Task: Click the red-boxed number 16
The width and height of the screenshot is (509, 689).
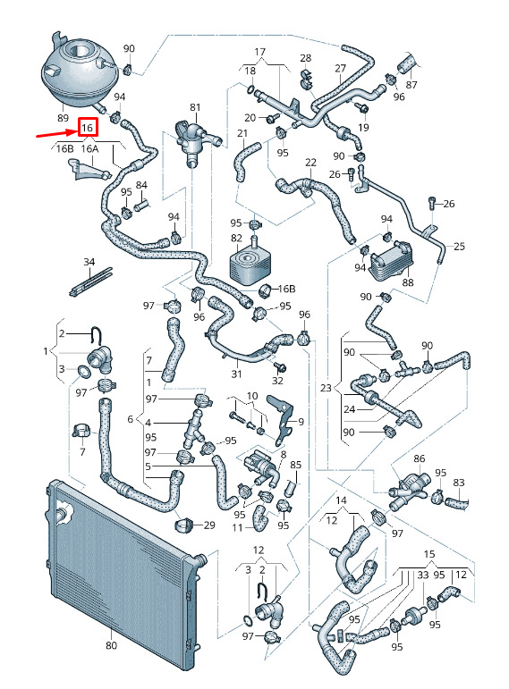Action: pyautogui.click(x=87, y=128)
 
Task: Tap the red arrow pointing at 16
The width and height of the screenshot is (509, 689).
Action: pyautogui.click(x=55, y=133)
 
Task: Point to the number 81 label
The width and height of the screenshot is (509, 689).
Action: pyautogui.click(x=195, y=107)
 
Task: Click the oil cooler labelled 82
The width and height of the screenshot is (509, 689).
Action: pyautogui.click(x=248, y=263)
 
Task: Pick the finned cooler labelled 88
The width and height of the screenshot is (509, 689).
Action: pyautogui.click(x=390, y=261)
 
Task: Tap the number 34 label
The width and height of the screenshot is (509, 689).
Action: pyautogui.click(x=89, y=262)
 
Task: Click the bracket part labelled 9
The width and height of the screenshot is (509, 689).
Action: pyautogui.click(x=281, y=420)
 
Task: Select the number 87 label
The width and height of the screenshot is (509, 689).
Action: pyautogui.click(x=411, y=84)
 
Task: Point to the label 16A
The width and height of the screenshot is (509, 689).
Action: pyautogui.click(x=89, y=149)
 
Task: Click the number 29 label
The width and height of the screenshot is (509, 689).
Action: pyautogui.click(x=209, y=525)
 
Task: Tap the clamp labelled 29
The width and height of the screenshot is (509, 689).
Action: pyautogui.click(x=184, y=524)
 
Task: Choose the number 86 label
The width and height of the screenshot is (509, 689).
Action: pyautogui.click(x=420, y=458)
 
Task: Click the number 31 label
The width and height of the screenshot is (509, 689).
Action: pyautogui.click(x=237, y=374)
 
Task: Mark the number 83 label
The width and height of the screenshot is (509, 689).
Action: pyautogui.click(x=458, y=483)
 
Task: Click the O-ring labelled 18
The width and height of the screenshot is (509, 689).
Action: pyautogui.click(x=250, y=89)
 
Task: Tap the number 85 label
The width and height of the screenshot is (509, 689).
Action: pyautogui.click(x=295, y=465)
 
